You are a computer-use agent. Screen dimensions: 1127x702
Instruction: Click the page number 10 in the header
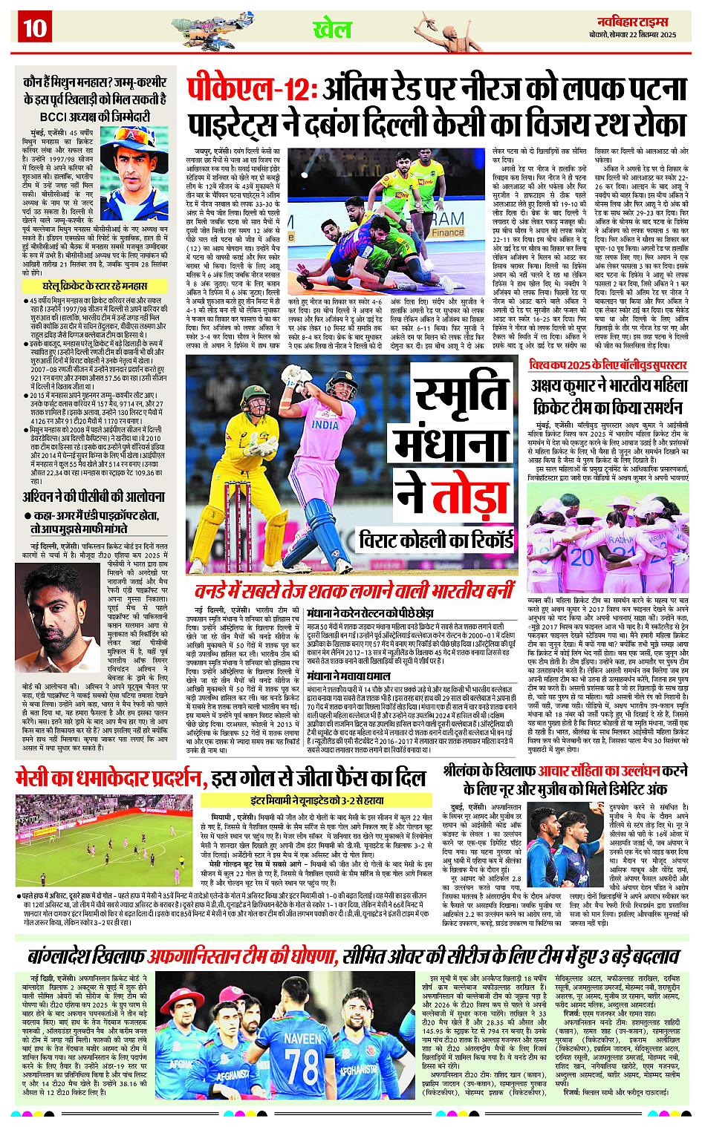click(34, 28)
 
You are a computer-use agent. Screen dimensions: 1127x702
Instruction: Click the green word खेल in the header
click(331, 29)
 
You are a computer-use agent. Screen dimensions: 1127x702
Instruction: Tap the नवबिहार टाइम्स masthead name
click(645, 21)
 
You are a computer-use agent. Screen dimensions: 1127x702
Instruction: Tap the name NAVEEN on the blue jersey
click(302, 1038)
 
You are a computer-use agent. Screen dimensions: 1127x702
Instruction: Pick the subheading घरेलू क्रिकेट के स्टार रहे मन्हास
click(94, 285)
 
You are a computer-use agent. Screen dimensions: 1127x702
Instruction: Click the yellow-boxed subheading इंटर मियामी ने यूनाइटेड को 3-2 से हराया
click(316, 800)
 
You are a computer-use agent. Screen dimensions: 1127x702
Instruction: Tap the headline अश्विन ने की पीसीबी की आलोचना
click(94, 497)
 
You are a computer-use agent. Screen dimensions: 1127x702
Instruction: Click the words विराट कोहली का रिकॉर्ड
click(436, 539)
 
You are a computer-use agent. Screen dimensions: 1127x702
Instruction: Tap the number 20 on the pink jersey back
click(582, 557)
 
